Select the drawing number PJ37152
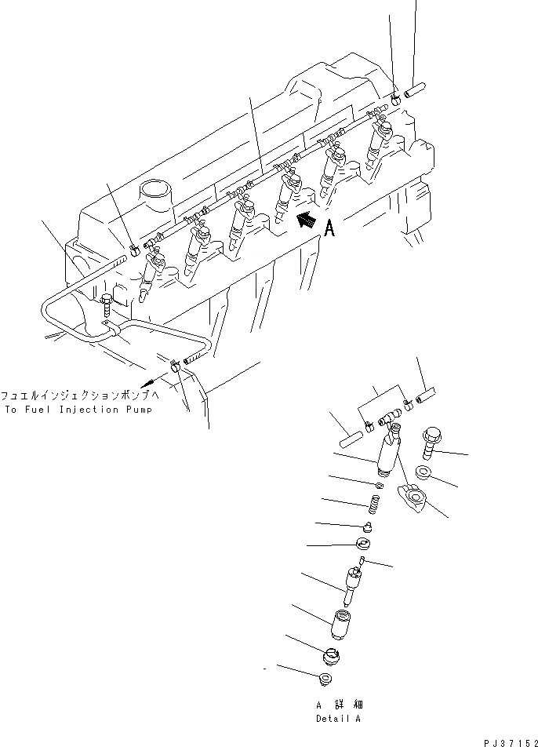(x=511, y=740)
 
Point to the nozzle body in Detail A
(x=351, y=582)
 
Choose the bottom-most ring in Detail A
(x=326, y=678)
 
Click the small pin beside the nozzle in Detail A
(x=362, y=560)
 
